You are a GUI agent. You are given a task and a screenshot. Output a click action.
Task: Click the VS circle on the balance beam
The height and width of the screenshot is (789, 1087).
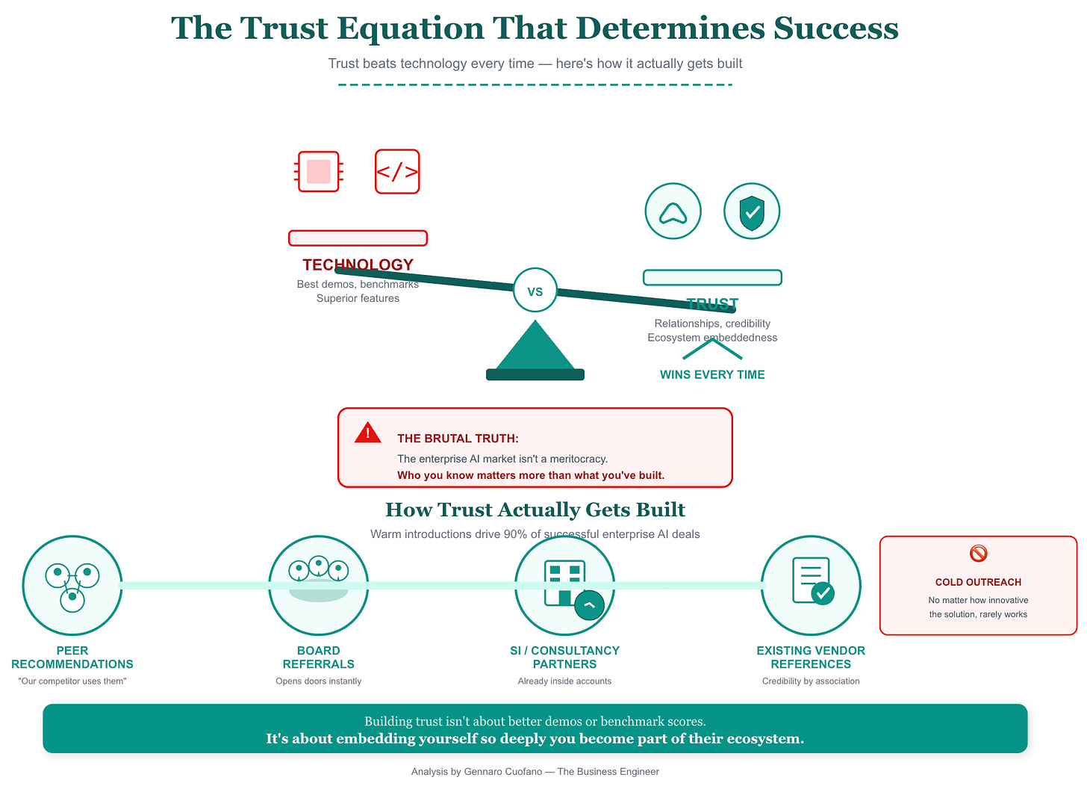(535, 291)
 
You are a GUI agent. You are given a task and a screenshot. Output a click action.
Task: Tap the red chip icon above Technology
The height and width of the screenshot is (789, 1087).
(319, 171)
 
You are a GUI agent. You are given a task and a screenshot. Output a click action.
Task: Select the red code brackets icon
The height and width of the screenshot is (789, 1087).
(397, 171)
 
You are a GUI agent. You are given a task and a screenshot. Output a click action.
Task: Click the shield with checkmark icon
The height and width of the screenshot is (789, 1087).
(752, 211)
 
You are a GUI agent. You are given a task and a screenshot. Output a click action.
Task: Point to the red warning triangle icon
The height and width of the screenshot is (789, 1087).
(367, 433)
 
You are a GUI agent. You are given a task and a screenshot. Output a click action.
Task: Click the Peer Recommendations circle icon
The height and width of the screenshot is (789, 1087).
(72, 585)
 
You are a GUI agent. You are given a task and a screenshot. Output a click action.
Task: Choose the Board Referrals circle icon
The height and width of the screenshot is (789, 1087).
(319, 585)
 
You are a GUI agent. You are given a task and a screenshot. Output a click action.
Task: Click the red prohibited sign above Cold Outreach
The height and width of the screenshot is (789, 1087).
(978, 553)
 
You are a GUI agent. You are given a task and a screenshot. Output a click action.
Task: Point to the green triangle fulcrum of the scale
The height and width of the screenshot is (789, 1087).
(535, 347)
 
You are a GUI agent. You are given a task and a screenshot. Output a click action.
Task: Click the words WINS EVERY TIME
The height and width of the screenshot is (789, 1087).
(712, 374)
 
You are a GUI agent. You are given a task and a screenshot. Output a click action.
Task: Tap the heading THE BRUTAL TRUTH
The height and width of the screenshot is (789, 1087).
(458, 439)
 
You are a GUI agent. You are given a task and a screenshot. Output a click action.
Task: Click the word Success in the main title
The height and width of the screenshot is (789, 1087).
(835, 28)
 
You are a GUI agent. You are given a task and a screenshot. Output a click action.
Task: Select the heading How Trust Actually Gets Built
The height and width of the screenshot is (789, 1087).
(535, 510)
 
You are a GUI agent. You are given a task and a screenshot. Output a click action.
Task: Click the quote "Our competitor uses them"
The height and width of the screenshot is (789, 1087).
(72, 681)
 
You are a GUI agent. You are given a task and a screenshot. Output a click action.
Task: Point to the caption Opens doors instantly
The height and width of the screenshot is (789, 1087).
(319, 681)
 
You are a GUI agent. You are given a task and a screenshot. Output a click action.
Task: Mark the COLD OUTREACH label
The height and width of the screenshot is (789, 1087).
(978, 582)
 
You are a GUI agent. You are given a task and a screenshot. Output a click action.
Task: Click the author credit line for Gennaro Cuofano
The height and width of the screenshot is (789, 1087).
(535, 771)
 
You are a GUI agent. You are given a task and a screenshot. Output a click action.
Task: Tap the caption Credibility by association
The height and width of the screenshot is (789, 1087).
(811, 681)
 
